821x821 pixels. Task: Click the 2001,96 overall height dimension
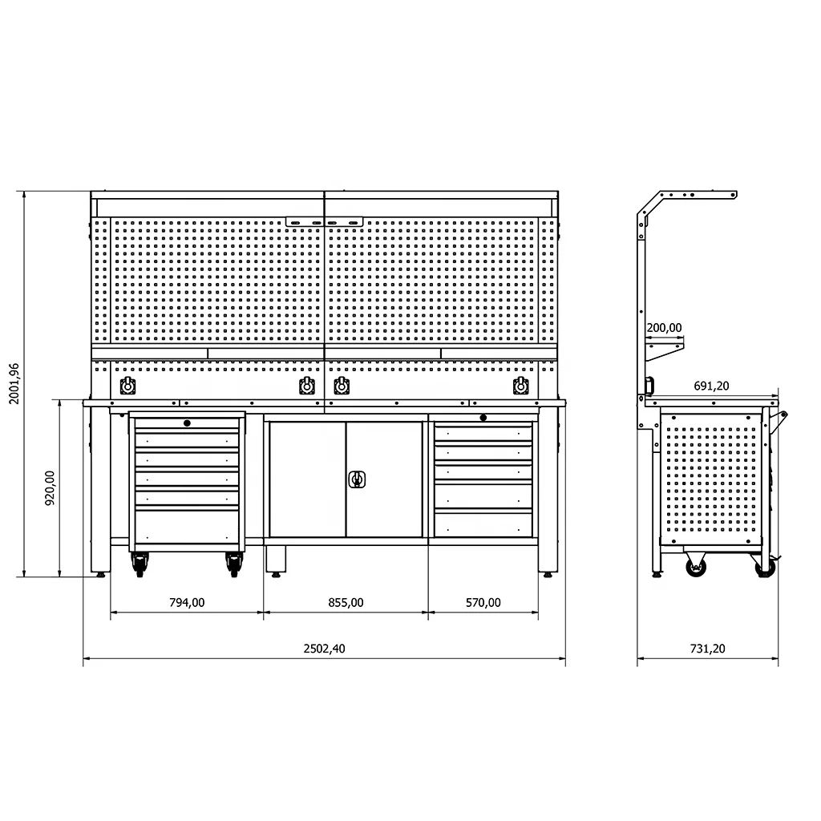14,383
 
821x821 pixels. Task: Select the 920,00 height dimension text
50,487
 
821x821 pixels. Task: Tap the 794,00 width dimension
187,603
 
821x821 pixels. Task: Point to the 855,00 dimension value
346,603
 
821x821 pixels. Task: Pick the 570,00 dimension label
483,603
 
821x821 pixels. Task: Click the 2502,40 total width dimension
324,649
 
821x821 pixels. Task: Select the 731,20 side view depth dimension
707,649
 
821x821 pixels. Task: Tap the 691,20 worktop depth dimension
711,386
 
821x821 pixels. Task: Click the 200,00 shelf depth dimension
663,327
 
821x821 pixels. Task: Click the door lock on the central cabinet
357,479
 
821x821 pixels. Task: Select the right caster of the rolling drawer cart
234,565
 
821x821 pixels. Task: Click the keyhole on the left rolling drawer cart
187,423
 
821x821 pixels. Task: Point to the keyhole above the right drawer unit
483,417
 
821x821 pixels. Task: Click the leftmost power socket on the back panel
127,386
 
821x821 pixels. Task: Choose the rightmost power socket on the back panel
520,386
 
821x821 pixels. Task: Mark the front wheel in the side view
695,568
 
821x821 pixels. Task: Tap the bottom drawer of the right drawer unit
483,524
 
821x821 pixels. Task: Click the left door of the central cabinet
307,479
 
